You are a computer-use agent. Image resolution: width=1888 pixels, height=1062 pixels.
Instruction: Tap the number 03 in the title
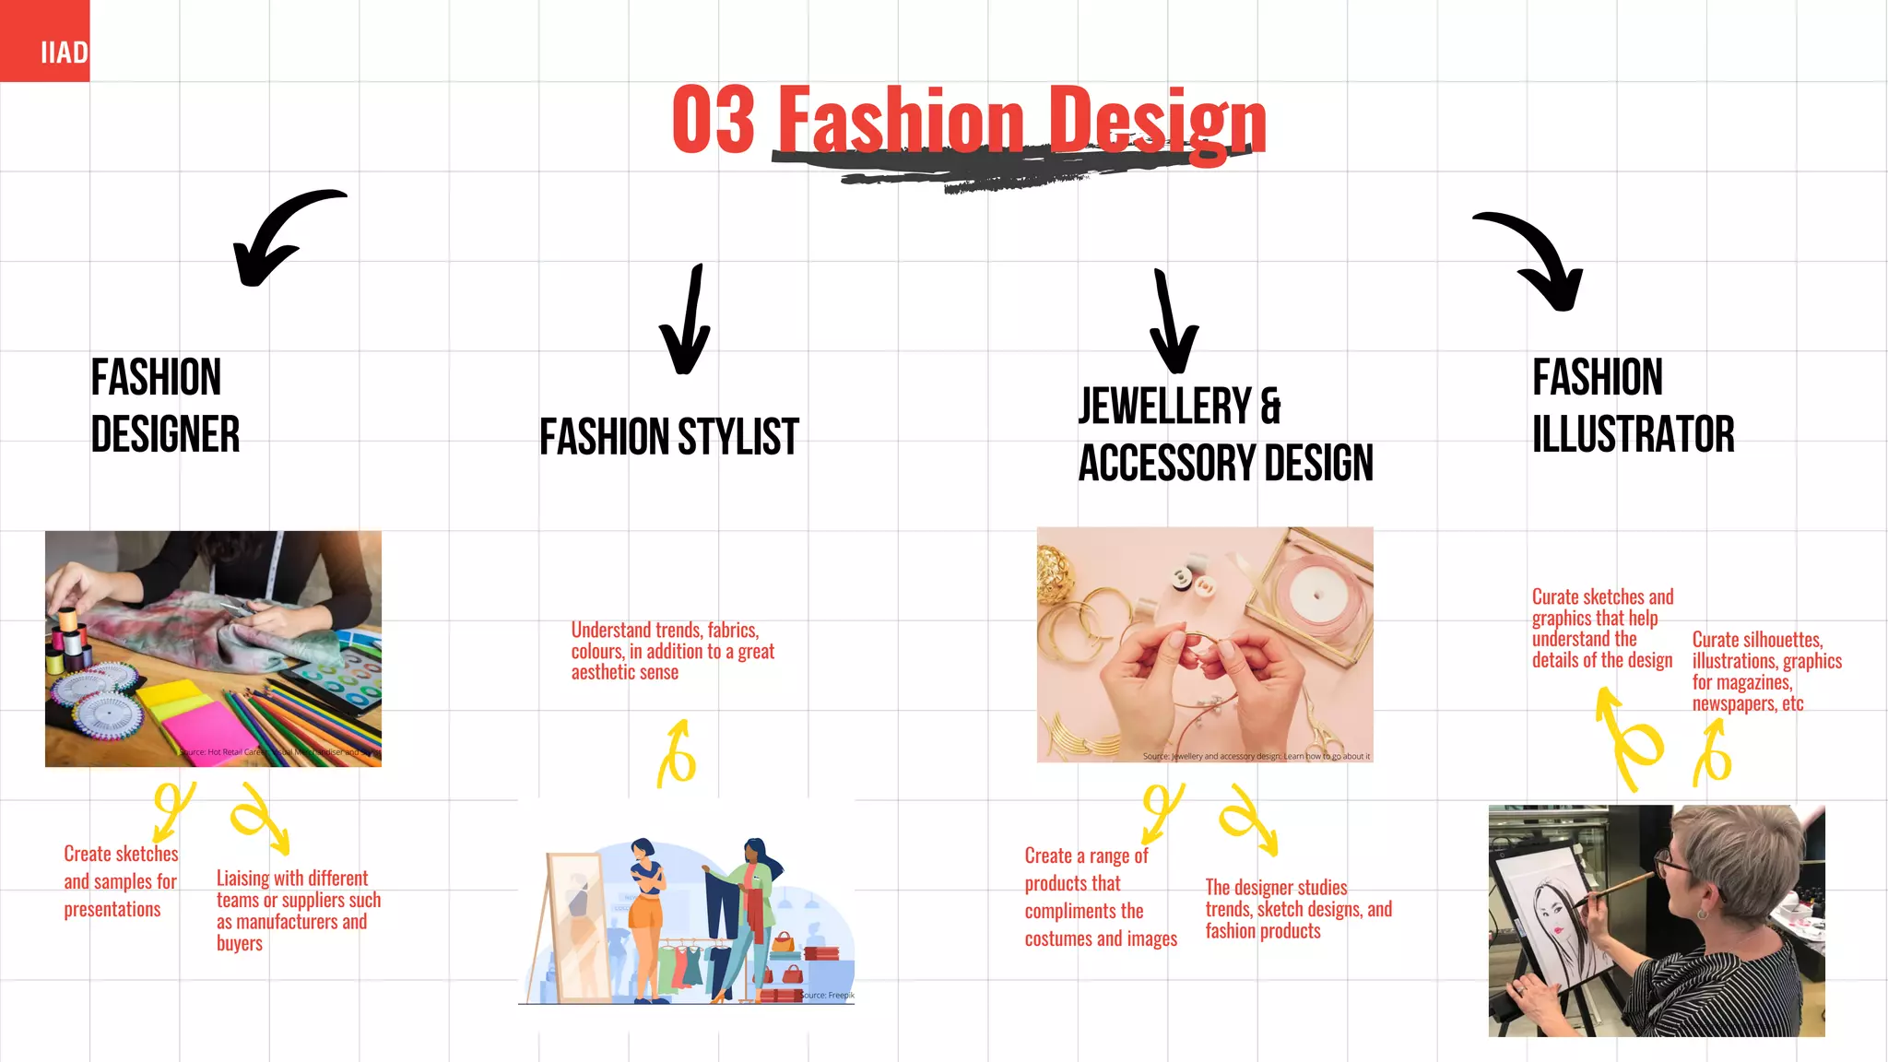(714, 120)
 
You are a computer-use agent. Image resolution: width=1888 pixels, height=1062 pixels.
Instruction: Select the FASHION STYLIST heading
(669, 437)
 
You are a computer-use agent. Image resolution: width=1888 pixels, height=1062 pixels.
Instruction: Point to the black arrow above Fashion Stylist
(688, 323)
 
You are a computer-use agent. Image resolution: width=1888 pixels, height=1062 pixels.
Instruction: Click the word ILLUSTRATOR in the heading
(1633, 434)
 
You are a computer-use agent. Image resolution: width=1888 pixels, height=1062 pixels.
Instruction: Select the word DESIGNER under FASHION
(166, 434)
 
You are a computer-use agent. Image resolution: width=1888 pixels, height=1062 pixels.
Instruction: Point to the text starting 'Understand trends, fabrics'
(672, 652)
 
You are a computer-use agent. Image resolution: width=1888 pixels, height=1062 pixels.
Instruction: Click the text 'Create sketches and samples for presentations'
(120, 881)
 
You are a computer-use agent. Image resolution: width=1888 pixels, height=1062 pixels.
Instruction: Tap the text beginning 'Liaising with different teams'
(298, 910)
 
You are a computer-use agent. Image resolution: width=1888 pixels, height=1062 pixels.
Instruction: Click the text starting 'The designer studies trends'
(1297, 909)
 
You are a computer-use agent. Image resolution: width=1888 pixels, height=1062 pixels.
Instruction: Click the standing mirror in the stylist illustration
(576, 926)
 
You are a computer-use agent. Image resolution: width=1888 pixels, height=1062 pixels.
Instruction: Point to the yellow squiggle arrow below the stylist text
(678, 756)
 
